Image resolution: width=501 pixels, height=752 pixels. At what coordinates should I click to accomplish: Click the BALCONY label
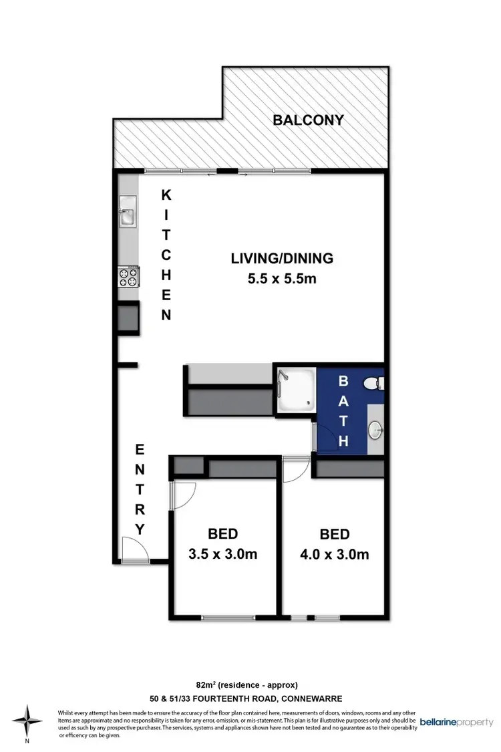tap(308, 120)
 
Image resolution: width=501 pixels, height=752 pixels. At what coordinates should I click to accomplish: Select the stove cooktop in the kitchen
tap(128, 275)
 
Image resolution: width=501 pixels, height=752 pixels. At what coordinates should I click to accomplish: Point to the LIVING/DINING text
tap(282, 258)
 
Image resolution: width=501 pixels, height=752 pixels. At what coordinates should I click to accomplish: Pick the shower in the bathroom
tap(294, 390)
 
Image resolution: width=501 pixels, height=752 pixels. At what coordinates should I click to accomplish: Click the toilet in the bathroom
tap(375, 383)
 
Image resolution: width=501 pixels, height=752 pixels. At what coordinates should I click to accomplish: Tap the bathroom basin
tap(376, 428)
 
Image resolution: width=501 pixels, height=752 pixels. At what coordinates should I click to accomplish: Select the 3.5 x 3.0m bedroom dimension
tap(223, 554)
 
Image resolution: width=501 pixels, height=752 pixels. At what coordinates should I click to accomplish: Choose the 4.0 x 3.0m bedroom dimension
tap(335, 554)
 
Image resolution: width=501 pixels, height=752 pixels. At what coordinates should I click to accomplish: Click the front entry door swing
tap(134, 550)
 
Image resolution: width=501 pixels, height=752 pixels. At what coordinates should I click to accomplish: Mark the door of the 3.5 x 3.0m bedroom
tap(182, 495)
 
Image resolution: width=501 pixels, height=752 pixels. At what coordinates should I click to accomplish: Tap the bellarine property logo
tap(456, 723)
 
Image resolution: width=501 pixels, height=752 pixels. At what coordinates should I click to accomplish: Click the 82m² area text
tap(246, 684)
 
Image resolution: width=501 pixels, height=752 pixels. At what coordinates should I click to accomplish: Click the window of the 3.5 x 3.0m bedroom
tap(222, 616)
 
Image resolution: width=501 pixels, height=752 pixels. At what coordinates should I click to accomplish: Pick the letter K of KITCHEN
tap(166, 195)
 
